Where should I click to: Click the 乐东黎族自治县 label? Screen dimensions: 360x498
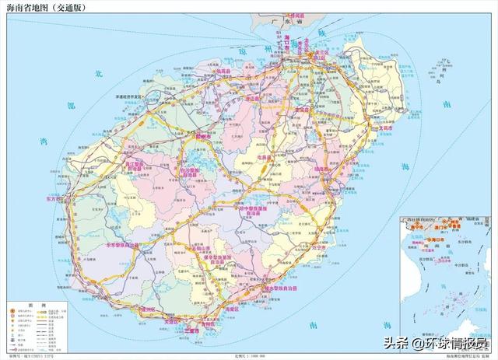tap(123, 245)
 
